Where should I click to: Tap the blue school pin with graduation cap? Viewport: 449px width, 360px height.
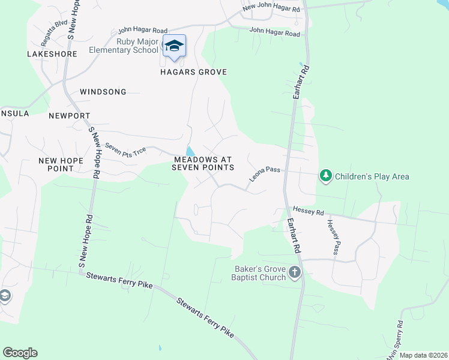[174, 47]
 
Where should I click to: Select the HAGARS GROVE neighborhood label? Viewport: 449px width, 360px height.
[193, 72]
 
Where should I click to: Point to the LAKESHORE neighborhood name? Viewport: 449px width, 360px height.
[52, 54]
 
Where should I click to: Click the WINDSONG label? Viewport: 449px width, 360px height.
[103, 92]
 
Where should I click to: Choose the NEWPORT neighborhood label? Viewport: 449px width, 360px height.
[70, 115]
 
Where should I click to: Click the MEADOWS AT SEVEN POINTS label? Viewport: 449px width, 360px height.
[203, 163]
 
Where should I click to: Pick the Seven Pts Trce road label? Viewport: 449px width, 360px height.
[125, 148]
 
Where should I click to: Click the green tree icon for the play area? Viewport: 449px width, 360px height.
[326, 176]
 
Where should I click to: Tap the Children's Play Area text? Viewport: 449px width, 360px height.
[372, 176]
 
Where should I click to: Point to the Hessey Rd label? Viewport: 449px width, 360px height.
[308, 211]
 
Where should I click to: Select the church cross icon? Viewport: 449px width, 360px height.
[294, 272]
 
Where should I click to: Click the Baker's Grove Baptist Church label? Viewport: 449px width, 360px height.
[261, 272]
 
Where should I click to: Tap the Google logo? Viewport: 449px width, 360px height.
[20, 353]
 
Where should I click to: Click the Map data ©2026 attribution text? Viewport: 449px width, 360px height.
[423, 355]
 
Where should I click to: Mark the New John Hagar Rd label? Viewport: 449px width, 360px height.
[271, 8]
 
